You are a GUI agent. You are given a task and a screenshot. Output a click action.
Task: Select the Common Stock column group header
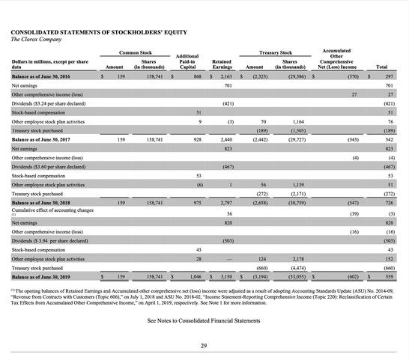136,52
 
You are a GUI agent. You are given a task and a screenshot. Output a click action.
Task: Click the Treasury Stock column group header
275,52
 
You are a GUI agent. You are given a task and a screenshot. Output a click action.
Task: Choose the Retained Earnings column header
221,64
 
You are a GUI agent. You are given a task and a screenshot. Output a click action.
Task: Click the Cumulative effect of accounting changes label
52,211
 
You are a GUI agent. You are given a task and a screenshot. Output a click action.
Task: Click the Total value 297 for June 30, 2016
389,76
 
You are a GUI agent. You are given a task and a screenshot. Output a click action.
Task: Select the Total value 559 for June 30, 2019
389,277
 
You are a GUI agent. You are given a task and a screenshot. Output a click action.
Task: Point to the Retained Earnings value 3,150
227,277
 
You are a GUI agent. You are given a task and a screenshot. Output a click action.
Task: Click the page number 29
204,345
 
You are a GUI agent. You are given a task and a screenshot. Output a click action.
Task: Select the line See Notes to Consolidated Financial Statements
204,320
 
